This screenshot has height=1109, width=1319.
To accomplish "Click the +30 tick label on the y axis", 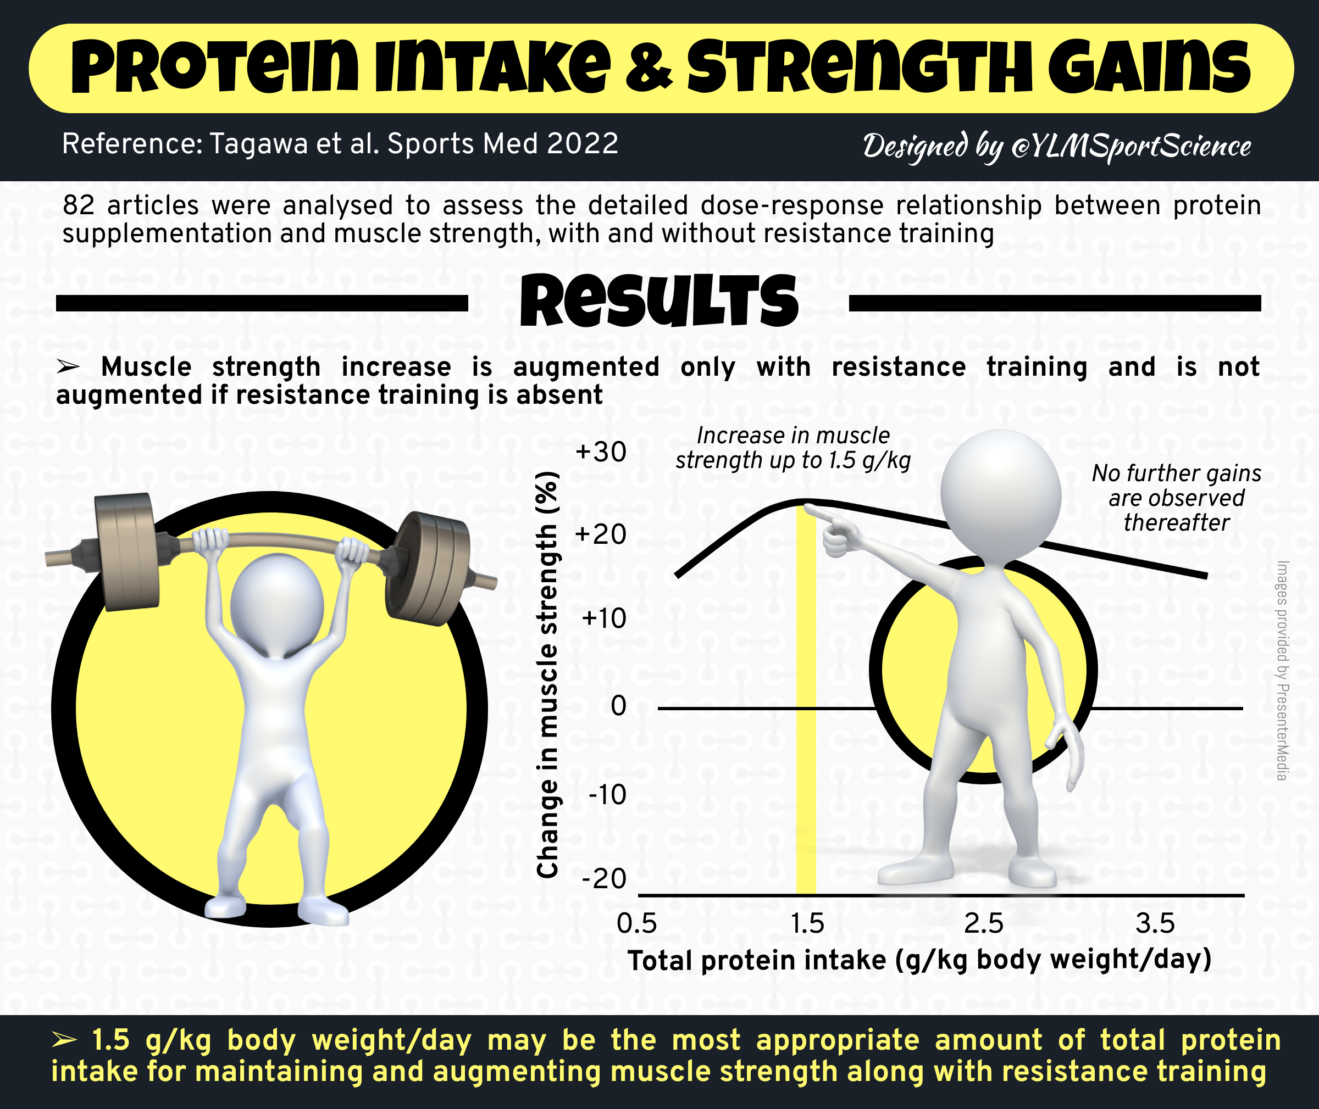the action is click(x=601, y=452).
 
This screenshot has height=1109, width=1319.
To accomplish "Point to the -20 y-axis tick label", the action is click(x=605, y=878).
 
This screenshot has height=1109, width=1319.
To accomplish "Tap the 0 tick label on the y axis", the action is click(x=619, y=706).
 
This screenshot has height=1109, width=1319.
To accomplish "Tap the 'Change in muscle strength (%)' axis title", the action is click(x=548, y=675).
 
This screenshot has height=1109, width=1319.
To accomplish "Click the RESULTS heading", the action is click(x=658, y=301).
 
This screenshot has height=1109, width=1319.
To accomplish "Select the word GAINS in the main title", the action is click(x=1149, y=67).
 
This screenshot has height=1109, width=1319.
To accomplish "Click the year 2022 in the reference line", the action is click(x=583, y=143).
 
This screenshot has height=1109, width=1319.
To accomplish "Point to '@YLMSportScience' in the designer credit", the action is click(x=1130, y=146).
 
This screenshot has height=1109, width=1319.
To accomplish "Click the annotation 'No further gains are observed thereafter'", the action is click(x=1176, y=498).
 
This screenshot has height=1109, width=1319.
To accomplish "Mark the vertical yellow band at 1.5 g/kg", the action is click(x=806, y=698).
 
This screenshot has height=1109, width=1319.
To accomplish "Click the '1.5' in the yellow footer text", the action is click(x=110, y=1040).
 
